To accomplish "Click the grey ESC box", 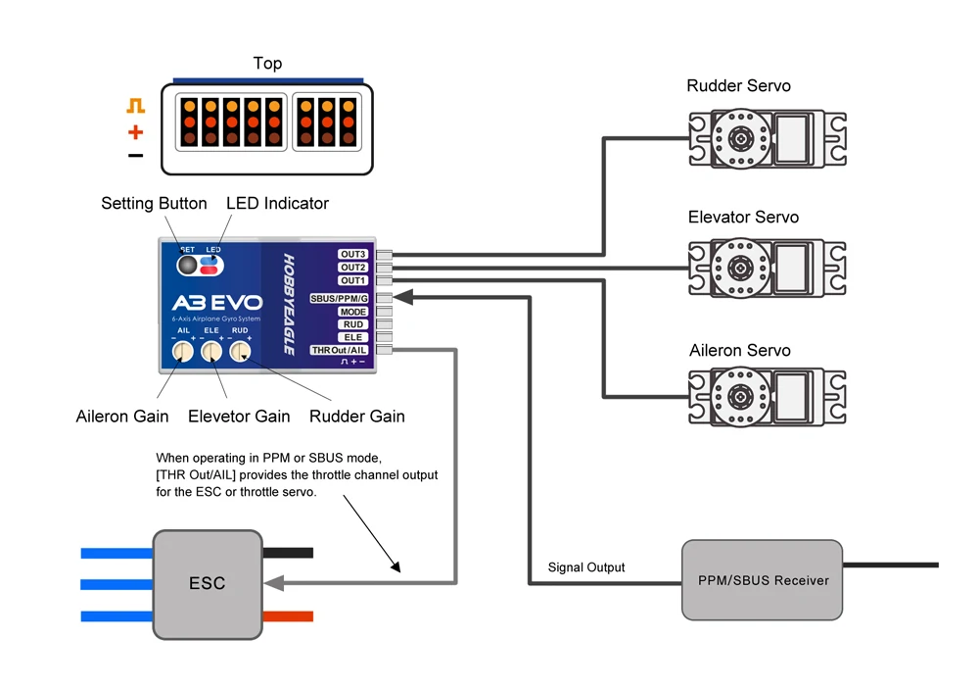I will (208, 583).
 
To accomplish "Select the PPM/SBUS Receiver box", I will (762, 579).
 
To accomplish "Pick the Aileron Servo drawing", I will (767, 397).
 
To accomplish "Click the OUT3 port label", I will (352, 255).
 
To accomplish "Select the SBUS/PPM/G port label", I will (339, 298).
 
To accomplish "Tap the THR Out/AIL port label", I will (339, 350).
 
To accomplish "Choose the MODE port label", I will (352, 312).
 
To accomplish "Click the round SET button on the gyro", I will (186, 266).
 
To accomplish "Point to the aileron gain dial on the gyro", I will (182, 351).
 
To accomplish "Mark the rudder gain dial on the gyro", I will (240, 351).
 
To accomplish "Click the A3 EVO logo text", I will (215, 303).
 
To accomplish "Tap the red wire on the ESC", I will (289, 616).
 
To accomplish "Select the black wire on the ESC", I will (289, 553).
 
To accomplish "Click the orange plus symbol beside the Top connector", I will (135, 132).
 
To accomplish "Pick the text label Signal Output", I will (586, 567).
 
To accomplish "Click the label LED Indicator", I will (277, 204).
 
